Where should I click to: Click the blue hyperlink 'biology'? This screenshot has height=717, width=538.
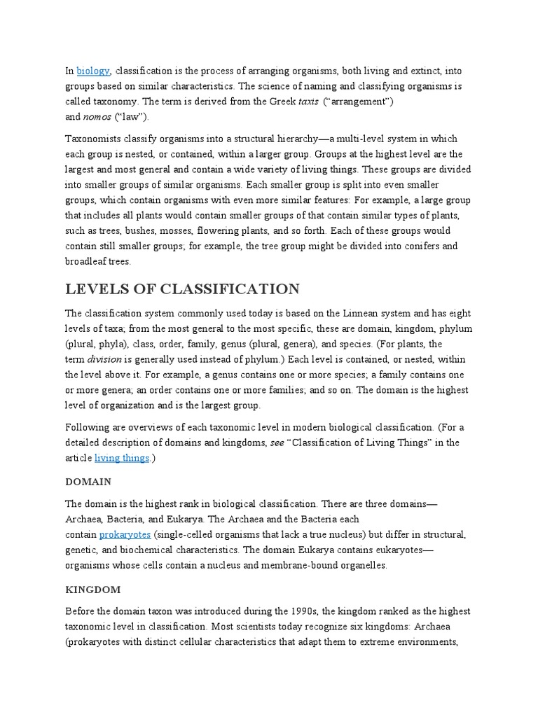(93, 71)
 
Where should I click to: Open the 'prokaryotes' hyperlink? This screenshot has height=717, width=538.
(125, 535)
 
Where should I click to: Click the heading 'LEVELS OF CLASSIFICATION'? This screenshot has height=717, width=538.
(183, 289)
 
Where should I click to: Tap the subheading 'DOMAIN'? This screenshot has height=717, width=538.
(88, 482)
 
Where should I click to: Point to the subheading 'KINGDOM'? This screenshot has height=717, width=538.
(93, 590)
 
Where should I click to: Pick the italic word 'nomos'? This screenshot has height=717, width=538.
(97, 116)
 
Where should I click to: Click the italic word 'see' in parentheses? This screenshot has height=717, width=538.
(277, 443)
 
